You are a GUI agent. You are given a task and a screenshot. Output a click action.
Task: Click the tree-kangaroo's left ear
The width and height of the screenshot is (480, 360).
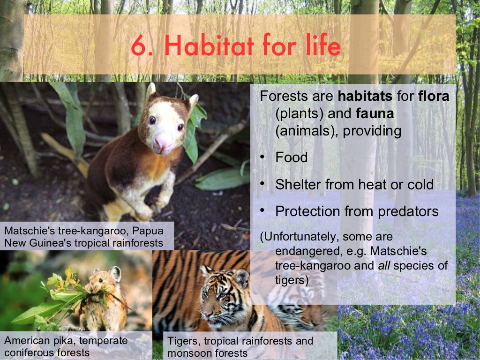[151, 91]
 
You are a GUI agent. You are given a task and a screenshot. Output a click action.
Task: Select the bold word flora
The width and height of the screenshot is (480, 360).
[434, 97]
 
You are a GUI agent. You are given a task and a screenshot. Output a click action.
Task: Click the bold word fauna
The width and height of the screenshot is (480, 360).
[375, 114]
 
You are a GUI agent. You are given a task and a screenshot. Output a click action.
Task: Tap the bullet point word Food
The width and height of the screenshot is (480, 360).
[292, 157]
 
